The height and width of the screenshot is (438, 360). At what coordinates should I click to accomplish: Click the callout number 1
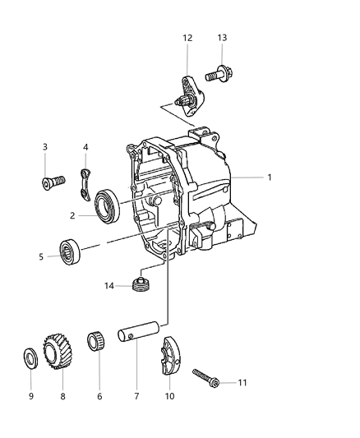pos(268,177)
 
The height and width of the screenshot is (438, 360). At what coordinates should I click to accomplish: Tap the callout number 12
pos(187,37)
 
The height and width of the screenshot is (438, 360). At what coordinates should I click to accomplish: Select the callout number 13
pos(223,37)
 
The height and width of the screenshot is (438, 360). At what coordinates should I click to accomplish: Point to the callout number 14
pos(110,286)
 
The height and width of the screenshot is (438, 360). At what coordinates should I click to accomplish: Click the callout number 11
pos(242,383)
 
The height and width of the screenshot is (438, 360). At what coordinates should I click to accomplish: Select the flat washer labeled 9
pos(29,360)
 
